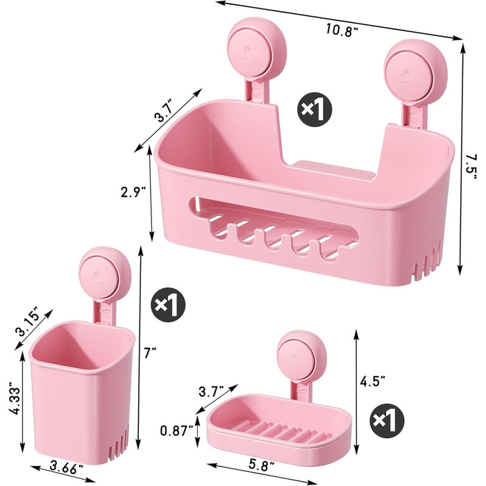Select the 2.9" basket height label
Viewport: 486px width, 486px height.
pos(133,193)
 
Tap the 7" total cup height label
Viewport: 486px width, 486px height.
pos(151,353)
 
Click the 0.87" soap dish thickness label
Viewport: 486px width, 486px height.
pos(176,430)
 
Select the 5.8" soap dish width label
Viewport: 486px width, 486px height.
pos(262,465)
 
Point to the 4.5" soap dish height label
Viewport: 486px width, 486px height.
pos(372,381)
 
